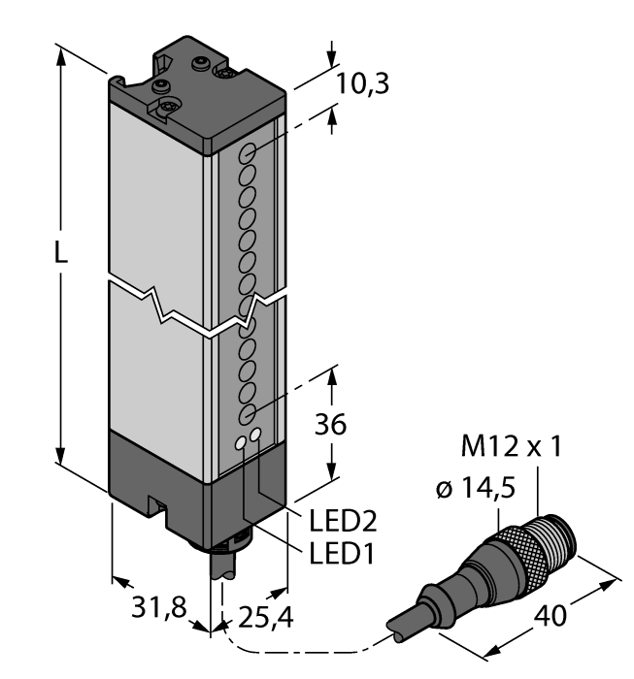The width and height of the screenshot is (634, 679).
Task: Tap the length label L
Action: pyautogui.click(x=60, y=255)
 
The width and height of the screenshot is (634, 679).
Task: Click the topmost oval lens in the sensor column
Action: pyautogui.click(x=249, y=154)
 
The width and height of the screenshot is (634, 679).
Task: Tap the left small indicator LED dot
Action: pyautogui.click(x=241, y=445)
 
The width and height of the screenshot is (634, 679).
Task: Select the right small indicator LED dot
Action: pyautogui.click(x=256, y=436)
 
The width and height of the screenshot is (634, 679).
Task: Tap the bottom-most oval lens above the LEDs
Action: pyautogui.click(x=246, y=414)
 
